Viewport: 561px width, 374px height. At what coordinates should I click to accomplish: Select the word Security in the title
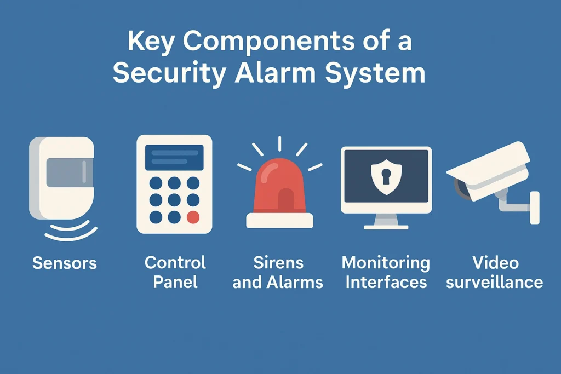coord(169,73)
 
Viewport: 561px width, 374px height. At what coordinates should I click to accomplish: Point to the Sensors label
coord(65,263)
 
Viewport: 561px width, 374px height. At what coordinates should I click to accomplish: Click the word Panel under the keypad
coord(175,282)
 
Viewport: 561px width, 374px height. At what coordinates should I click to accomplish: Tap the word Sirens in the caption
coord(278,263)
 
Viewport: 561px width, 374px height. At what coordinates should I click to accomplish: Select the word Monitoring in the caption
coord(386,263)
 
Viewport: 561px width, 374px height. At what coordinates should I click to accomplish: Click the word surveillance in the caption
coord(495,282)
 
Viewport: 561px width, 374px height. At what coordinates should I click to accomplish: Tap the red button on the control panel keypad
coord(193,217)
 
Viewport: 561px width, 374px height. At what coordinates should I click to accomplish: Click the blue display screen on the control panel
coord(174,157)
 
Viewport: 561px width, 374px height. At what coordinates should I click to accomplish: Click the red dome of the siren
coord(279,186)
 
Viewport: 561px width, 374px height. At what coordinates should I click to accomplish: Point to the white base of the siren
coord(279,220)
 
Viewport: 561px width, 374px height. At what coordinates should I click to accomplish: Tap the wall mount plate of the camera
coord(535,208)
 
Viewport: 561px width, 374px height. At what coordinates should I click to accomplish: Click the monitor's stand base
coord(386,227)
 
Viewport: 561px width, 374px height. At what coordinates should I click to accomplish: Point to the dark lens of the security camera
coord(461,188)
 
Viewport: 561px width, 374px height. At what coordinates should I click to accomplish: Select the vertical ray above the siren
coord(279,143)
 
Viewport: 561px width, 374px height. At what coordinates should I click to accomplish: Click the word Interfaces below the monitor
coord(386,282)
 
